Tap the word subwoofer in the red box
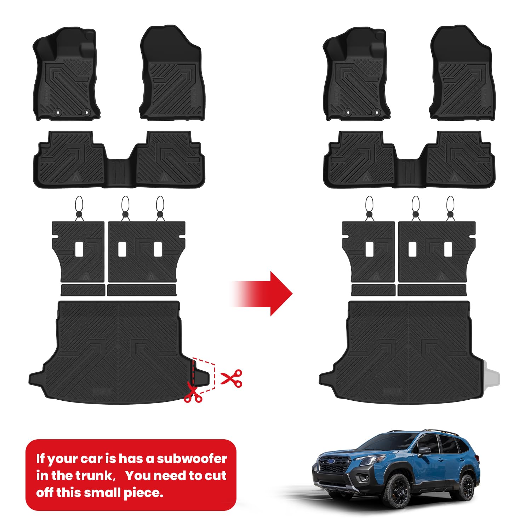(192, 458)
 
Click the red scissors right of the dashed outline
(232, 378)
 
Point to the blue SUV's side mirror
(424, 451)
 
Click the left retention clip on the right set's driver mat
(348, 113)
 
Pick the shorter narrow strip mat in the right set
(373, 290)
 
